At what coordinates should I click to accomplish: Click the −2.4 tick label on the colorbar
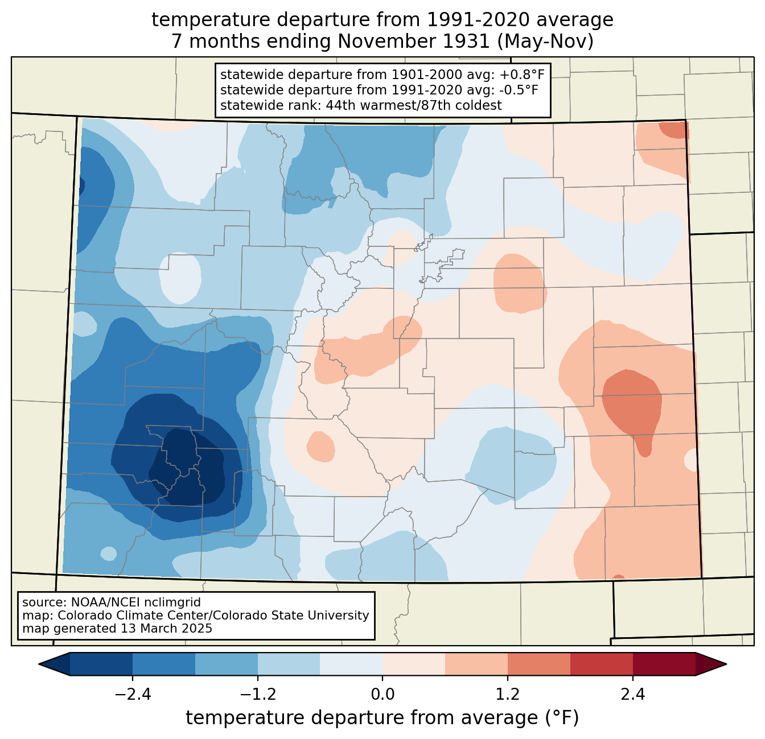point(133,694)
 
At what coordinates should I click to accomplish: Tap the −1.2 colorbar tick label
point(258,694)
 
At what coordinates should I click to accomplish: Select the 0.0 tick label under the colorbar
point(382,694)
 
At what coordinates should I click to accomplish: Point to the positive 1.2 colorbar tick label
point(508,694)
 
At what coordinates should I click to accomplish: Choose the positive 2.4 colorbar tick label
point(633,694)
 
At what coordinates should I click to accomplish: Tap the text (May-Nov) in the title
point(545,42)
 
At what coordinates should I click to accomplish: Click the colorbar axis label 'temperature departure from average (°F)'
point(382,718)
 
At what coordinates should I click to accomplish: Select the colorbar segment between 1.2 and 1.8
point(539,664)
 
